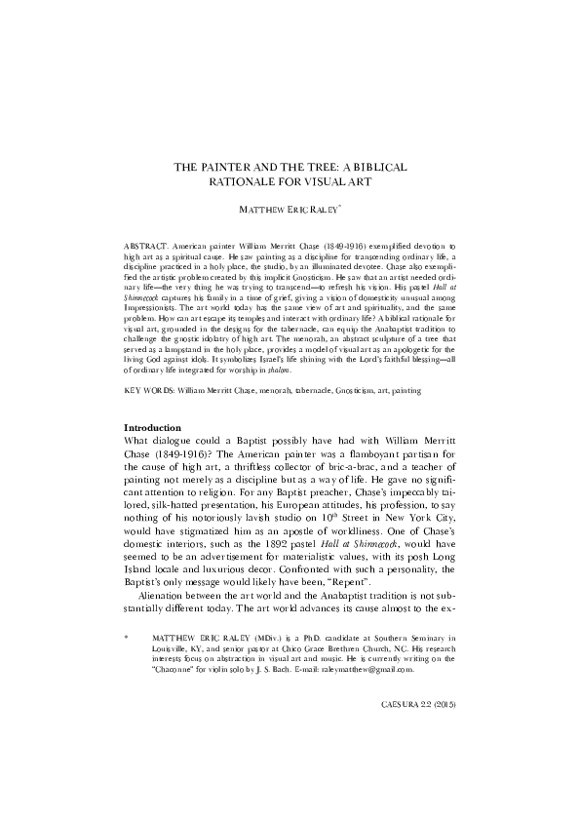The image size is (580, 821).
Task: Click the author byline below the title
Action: (290, 210)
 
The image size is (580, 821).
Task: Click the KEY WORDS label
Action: (149, 389)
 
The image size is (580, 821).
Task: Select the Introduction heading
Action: (153, 429)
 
